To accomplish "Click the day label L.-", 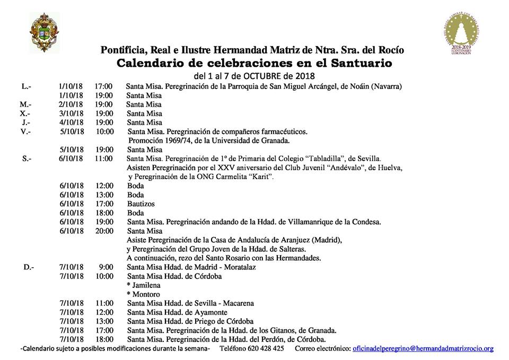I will [27, 86].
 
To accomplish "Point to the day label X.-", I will [25, 113].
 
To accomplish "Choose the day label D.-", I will [29, 267].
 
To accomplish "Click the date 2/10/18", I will [71, 104].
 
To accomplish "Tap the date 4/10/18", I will [71, 122].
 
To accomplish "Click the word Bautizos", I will [141, 204].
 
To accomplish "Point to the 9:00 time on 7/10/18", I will [106, 267].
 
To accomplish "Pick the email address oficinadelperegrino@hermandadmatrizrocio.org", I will [423, 348].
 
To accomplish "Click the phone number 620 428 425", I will [267, 348].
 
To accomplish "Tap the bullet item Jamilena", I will [145, 285].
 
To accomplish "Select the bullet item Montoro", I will [145, 294].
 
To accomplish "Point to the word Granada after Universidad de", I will [274, 141].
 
